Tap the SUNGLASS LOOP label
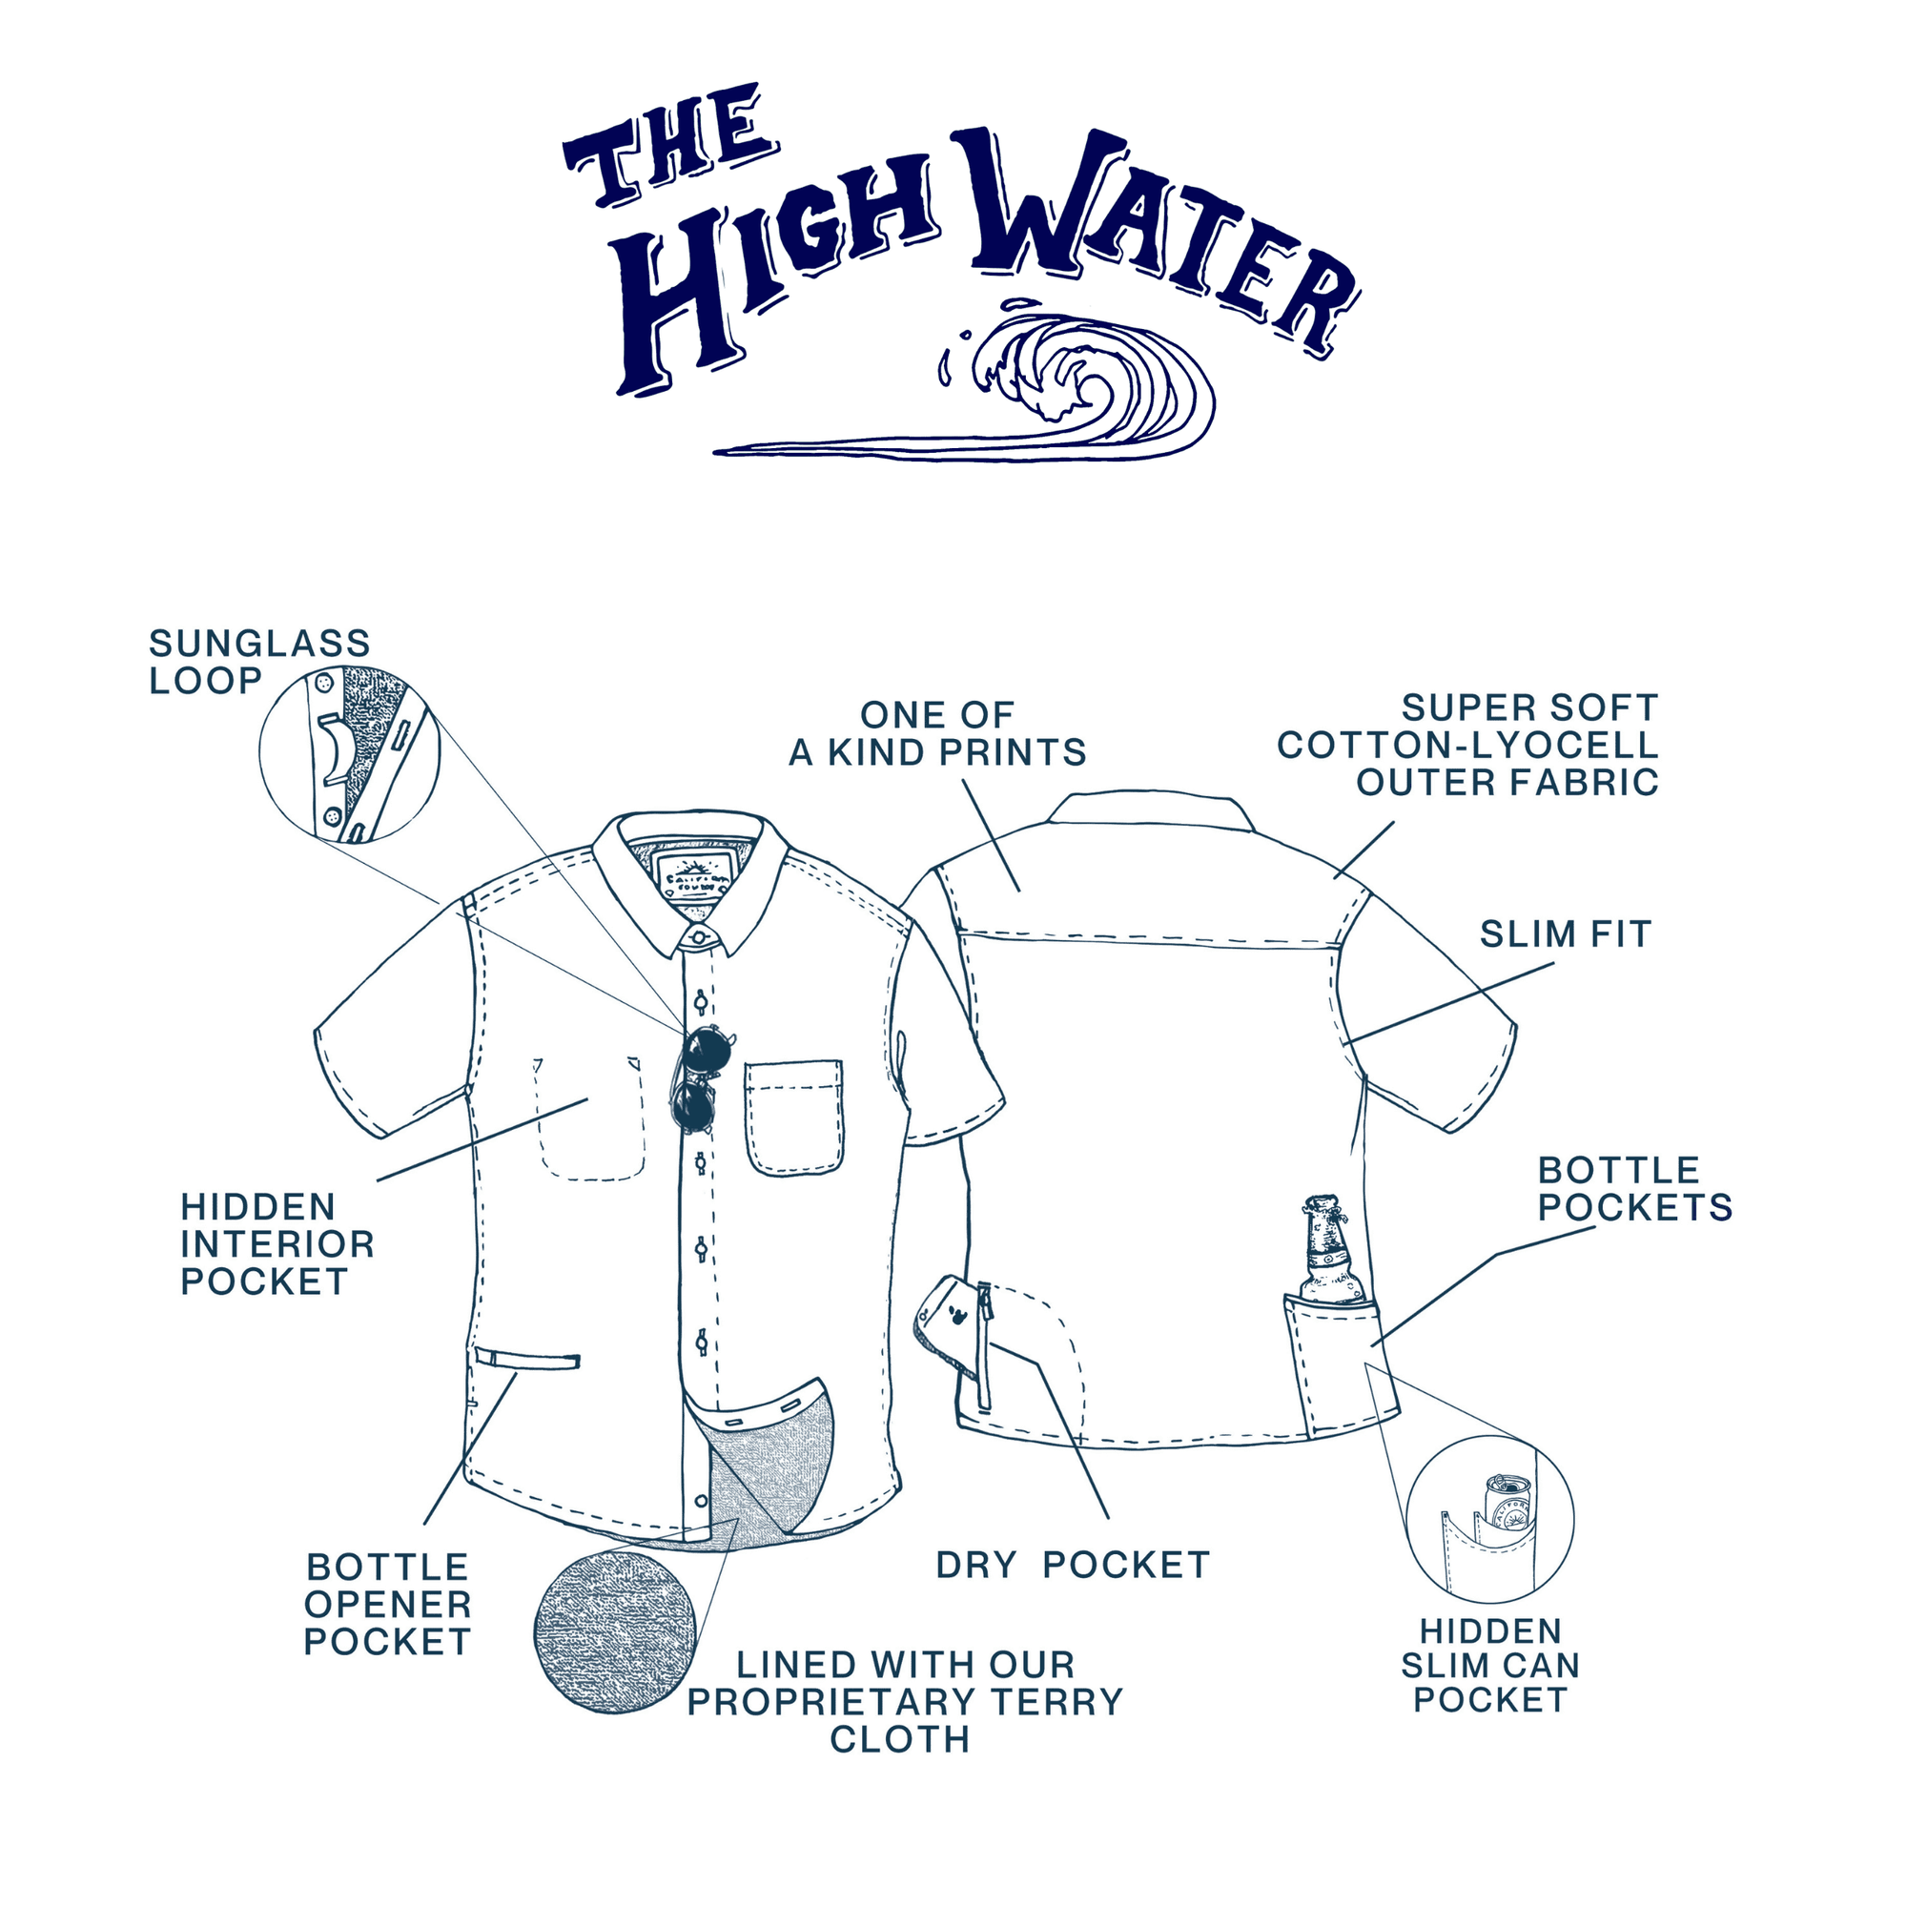tap(259, 662)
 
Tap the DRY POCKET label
tap(1072, 1565)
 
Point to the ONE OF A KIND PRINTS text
tap(936, 733)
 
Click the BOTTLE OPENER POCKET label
tap(387, 1604)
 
